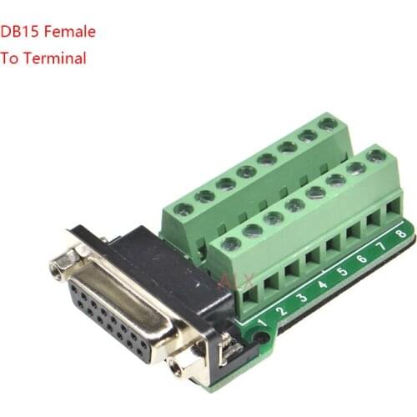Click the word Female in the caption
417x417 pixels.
[x=72, y=33]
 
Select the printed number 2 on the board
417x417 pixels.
[x=282, y=309]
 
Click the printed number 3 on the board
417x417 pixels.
[x=303, y=297]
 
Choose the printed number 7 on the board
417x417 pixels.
[x=382, y=248]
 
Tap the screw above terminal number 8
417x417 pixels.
[x=377, y=155]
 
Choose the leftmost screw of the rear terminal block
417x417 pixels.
[x=184, y=208]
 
